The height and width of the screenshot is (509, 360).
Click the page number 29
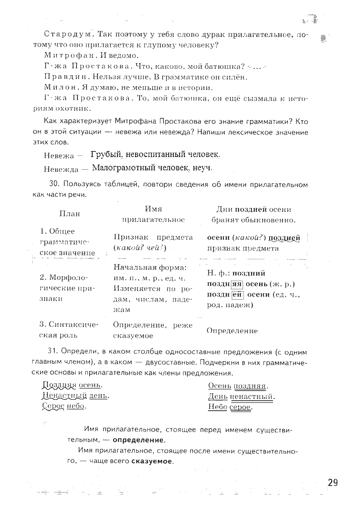333,483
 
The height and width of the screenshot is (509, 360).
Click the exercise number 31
53,352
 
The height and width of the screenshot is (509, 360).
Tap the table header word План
69,214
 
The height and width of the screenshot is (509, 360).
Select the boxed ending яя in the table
236,284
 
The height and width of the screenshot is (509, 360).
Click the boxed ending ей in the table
237,295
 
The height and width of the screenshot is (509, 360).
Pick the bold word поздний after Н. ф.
249,273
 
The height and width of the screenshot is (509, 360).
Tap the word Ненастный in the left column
64,396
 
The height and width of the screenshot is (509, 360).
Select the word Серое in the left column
53,406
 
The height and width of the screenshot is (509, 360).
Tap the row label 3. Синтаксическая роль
69,330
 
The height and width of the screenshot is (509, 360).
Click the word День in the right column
218,396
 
